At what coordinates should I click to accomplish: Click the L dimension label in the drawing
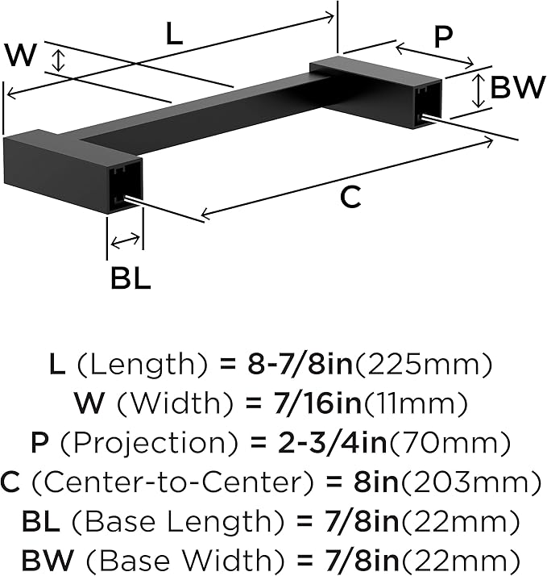tap(174, 33)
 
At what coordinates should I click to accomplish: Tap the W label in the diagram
tap(21, 55)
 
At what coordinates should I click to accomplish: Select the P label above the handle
tap(443, 37)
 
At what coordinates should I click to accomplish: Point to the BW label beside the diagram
tap(518, 86)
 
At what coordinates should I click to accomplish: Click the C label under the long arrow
tap(350, 198)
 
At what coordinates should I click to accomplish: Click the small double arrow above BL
tap(125, 241)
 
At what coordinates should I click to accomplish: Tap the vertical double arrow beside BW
tap(477, 90)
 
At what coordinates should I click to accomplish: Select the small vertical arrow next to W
tap(58, 61)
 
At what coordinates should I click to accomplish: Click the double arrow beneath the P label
tap(435, 56)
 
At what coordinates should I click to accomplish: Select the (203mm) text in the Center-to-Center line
tap(471, 482)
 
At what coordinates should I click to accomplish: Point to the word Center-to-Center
tap(172, 482)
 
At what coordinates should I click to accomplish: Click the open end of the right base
tap(428, 104)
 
